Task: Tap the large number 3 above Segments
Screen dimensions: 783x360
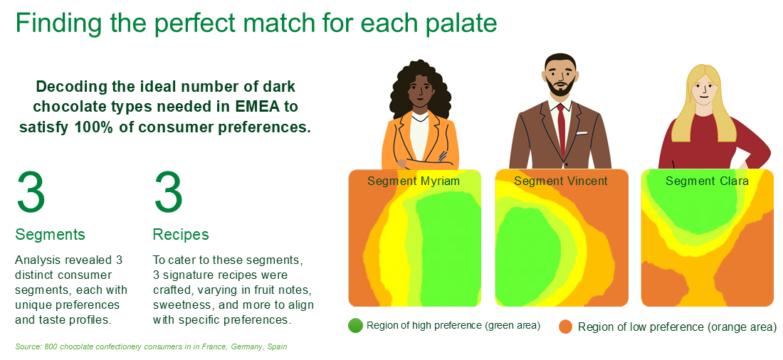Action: (31, 192)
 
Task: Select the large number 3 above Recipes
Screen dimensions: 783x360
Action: (168, 192)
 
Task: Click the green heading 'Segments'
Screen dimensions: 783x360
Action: (50, 235)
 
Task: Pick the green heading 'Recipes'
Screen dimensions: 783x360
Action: (181, 235)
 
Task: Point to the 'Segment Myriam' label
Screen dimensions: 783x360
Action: (414, 181)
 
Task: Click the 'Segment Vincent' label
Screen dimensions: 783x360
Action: (561, 181)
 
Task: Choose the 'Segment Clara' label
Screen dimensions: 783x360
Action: (707, 181)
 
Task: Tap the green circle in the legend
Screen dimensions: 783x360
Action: (355, 326)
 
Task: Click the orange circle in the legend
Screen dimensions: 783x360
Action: (566, 327)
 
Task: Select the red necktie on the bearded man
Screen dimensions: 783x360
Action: (562, 131)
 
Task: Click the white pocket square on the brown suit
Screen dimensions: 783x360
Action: (582, 133)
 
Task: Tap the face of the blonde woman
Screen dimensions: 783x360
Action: (703, 90)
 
